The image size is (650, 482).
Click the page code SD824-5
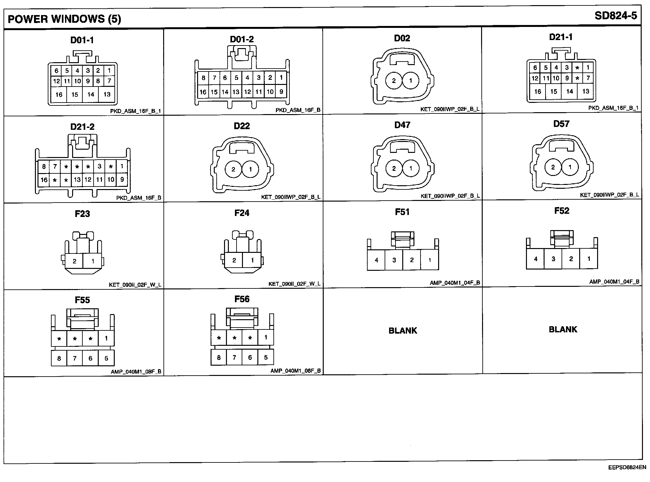(615, 16)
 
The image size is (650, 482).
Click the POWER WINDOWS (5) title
(64, 19)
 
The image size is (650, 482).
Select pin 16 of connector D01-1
(59, 95)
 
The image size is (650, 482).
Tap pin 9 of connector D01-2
(281, 92)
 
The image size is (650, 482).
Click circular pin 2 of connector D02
(394, 81)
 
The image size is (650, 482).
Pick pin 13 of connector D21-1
(586, 91)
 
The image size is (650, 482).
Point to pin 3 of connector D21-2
(99, 166)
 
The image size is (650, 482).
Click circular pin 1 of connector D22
(250, 169)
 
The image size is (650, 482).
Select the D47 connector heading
(402, 125)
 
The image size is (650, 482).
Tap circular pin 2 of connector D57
(553, 167)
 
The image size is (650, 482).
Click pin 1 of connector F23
(93, 261)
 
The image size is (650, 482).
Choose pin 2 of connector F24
(234, 260)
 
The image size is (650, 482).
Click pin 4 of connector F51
(376, 260)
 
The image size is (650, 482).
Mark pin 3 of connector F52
(553, 259)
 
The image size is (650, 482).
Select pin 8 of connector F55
(59, 358)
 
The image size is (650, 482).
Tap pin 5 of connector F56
(266, 357)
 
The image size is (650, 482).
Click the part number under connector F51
(455, 283)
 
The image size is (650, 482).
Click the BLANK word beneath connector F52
(563, 329)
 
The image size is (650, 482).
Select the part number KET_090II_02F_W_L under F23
(135, 285)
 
